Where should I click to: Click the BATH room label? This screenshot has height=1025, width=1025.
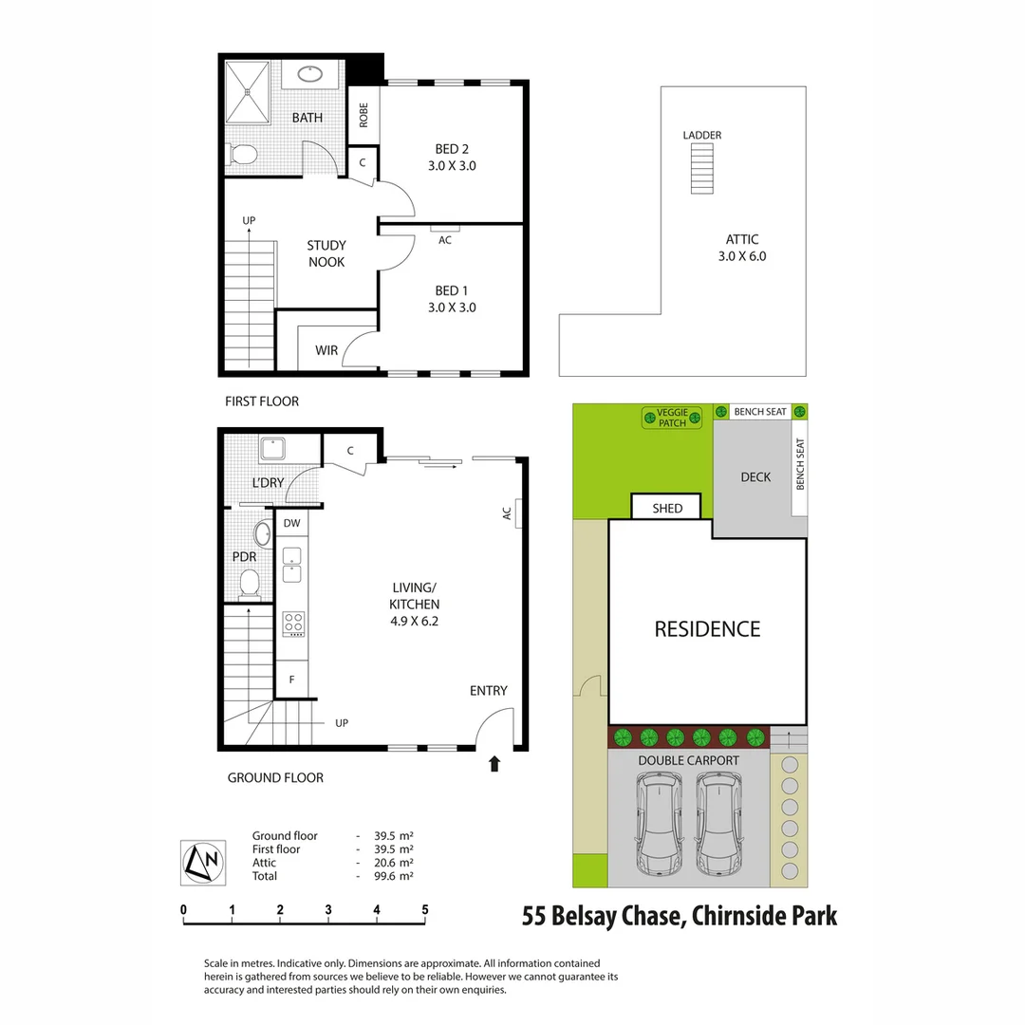click(307, 118)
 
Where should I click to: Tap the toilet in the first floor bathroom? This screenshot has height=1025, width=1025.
click(242, 155)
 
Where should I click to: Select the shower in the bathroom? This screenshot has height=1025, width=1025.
click(249, 92)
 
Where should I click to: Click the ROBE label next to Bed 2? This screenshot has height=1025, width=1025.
click(363, 115)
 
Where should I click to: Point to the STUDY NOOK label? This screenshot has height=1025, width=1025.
click(326, 253)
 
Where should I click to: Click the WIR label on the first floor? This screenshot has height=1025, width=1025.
click(326, 350)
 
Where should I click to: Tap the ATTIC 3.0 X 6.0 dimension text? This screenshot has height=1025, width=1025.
click(741, 248)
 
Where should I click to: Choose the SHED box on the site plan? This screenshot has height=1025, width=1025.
click(667, 508)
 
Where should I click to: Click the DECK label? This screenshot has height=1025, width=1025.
click(755, 477)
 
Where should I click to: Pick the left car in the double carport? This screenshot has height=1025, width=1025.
click(660, 824)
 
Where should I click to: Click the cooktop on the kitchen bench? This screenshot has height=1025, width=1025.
click(293, 624)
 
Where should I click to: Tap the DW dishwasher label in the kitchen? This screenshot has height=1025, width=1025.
click(292, 523)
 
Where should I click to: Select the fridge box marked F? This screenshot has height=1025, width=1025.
click(292, 680)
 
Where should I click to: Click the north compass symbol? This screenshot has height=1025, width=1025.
click(203, 862)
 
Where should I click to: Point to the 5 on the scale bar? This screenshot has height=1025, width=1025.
click(425, 909)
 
